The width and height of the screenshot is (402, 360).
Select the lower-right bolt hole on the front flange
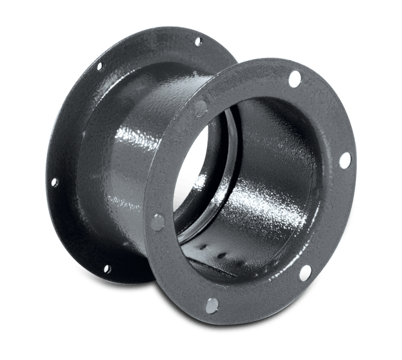tap(305, 274)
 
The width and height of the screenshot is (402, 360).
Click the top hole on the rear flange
tap(198, 40)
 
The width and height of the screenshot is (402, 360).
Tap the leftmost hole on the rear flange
tap(54, 182)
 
